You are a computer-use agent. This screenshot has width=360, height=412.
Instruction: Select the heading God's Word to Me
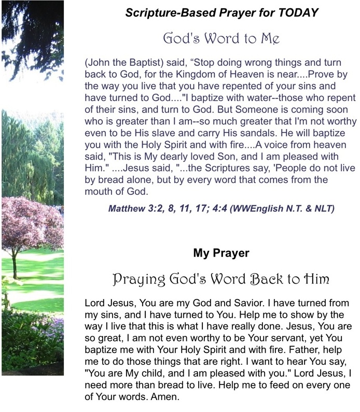221,38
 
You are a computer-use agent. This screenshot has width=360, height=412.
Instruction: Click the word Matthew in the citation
126,209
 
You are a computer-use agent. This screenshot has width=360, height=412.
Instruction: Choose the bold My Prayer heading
221,253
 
